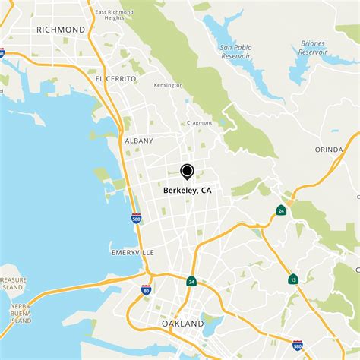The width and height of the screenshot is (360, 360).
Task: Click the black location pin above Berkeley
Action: coord(186,171)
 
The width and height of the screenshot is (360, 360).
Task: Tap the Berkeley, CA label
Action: coord(187,191)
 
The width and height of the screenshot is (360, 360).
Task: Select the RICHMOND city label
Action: coord(61,29)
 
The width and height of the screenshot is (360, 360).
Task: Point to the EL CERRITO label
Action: coord(115,78)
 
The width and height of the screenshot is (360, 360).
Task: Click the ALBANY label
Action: coord(139,141)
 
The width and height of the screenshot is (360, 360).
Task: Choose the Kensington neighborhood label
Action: coord(169,85)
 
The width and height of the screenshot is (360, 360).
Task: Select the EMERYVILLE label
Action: coord(132,251)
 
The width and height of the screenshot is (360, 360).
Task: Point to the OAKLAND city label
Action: coord(183,324)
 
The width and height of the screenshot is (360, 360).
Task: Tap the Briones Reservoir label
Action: coord(313,47)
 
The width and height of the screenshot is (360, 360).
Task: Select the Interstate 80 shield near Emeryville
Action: coord(147,289)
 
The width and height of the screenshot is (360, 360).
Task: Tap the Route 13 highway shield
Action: coord(292,279)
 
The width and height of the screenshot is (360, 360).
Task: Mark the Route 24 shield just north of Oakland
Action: coord(191,280)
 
